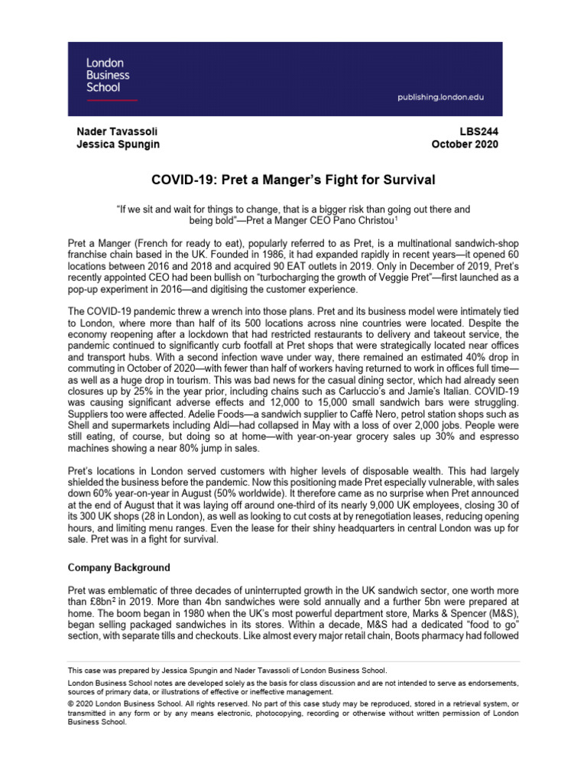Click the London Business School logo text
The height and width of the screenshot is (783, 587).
click(107, 76)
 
